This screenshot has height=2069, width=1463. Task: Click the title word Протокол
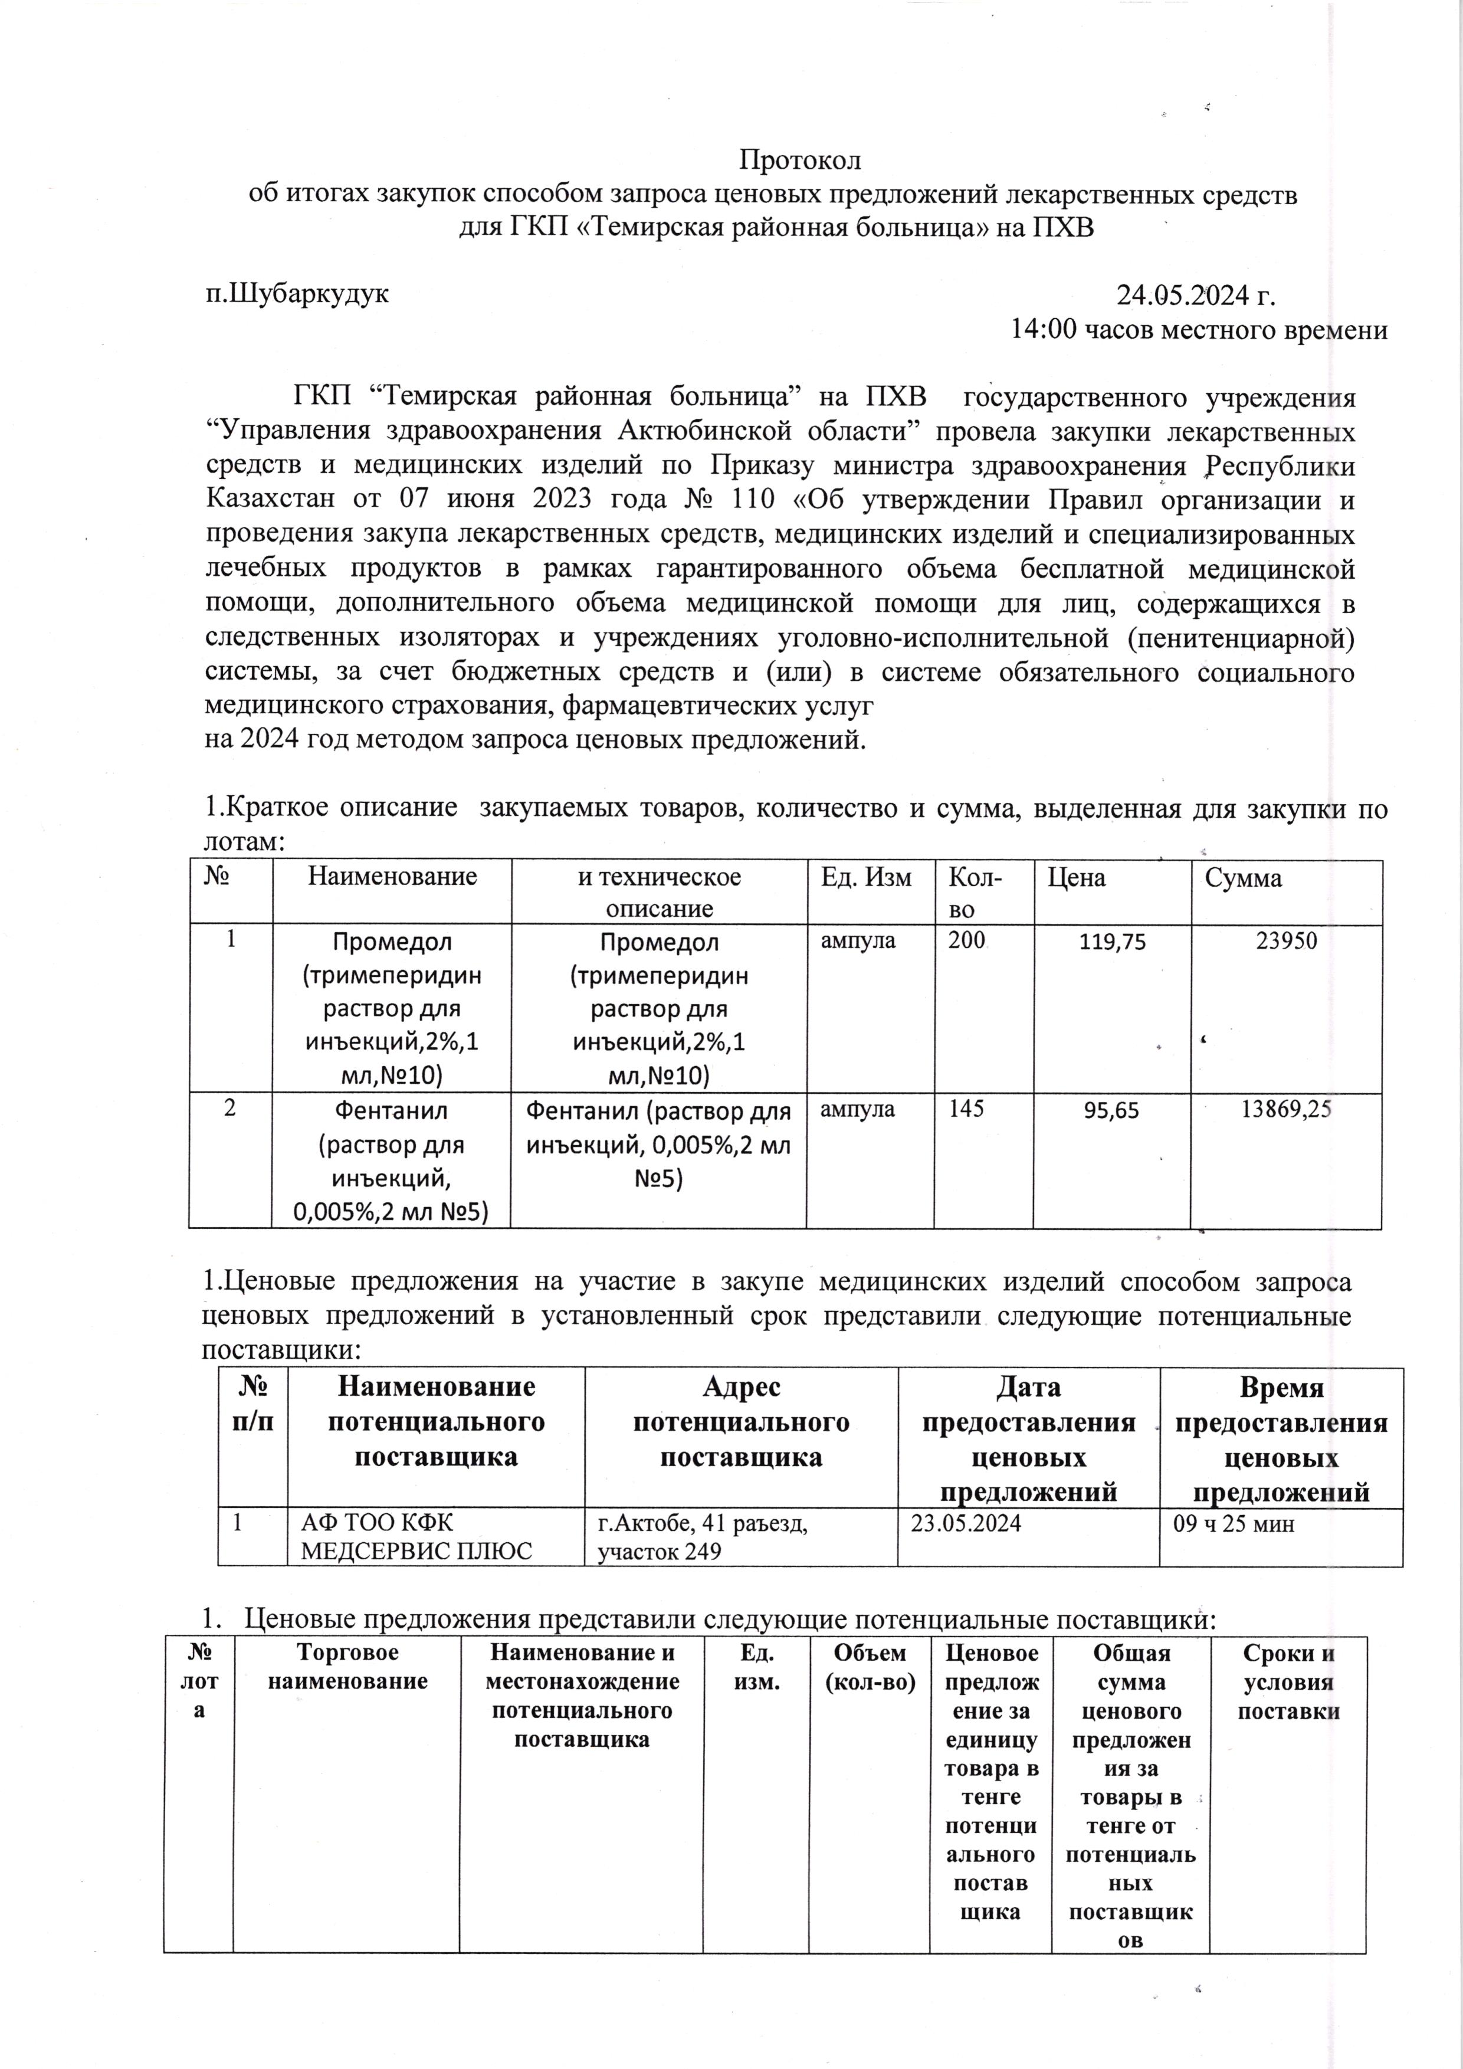(800, 160)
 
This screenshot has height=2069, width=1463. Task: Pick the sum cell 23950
(1287, 942)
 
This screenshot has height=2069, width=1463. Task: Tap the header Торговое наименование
(347, 1667)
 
